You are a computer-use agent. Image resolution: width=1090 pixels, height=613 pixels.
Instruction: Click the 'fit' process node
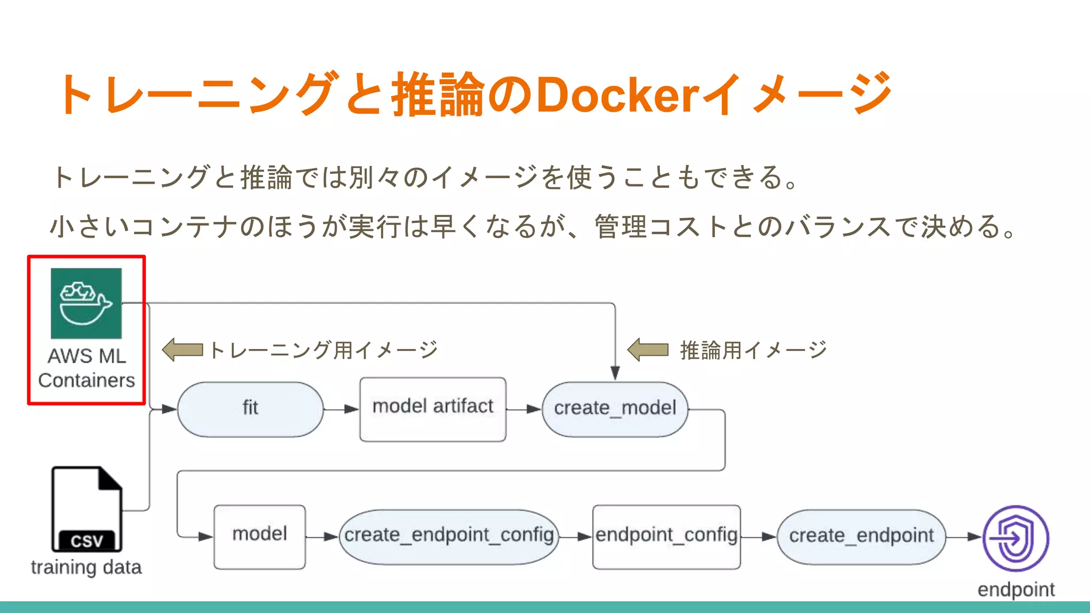point(250,409)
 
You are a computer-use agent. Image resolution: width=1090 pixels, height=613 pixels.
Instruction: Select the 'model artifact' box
point(433,409)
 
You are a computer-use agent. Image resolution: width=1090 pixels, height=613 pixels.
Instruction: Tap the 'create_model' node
point(615,409)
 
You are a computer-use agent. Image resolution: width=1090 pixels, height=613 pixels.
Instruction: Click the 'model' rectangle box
point(260,536)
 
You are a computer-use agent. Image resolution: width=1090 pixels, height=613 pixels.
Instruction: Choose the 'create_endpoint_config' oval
point(449,536)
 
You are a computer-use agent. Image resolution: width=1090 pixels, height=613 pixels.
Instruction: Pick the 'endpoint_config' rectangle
point(666,536)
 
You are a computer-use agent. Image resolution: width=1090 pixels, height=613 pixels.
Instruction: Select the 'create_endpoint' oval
point(861,536)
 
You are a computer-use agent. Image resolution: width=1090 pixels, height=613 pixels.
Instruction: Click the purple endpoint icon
point(1015,538)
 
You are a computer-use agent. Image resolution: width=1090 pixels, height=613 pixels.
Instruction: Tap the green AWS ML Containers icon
point(86,303)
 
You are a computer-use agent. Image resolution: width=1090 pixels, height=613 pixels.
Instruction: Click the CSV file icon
point(87,509)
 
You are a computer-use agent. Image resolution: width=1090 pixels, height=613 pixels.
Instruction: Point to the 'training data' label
point(86,568)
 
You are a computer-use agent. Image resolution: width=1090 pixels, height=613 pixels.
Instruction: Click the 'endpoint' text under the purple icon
point(1015,590)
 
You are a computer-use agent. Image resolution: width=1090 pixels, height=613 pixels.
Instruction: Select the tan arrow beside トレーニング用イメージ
point(183,350)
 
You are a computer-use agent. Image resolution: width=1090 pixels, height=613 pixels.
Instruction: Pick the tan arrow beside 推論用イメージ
point(648,350)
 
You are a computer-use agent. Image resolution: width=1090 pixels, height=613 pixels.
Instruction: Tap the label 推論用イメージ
point(753,350)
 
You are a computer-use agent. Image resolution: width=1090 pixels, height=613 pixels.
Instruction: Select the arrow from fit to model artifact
point(341,409)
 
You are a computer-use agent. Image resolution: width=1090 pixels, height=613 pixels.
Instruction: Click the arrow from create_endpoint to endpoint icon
point(963,537)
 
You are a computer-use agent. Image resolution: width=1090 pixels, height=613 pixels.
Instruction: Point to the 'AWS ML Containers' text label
point(86,368)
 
